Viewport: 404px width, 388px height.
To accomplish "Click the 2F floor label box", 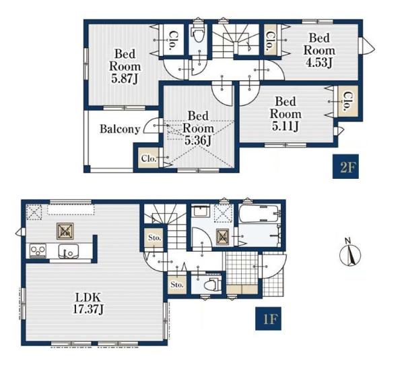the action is point(345,167).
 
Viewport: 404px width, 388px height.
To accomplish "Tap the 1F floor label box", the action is point(268,318).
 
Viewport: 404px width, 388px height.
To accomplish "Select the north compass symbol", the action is point(350,254).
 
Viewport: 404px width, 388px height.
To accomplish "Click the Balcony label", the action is point(120,129).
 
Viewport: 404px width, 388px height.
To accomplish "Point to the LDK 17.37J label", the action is point(88,303).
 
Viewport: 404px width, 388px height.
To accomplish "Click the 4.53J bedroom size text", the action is point(319,63).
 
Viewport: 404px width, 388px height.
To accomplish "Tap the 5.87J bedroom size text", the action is point(125,78).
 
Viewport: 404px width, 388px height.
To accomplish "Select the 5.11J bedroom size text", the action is point(285,126).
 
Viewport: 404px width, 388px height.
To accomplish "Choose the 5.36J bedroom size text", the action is point(198,140).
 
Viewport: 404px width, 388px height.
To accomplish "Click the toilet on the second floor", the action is point(198,34).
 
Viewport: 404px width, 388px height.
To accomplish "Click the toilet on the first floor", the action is point(212,285).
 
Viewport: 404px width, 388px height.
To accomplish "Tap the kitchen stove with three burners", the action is point(38,250).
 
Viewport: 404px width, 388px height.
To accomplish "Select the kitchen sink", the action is point(69,251).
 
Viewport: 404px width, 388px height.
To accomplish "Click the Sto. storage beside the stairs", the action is point(154,238).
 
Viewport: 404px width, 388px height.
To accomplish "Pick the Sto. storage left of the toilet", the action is point(177,285).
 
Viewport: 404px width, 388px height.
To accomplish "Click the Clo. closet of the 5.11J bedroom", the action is point(348,101).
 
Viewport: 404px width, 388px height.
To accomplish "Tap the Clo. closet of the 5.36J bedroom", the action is point(149,158).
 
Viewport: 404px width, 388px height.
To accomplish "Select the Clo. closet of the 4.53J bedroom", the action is point(270,40).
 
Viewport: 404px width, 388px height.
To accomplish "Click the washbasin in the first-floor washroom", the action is point(201,211).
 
